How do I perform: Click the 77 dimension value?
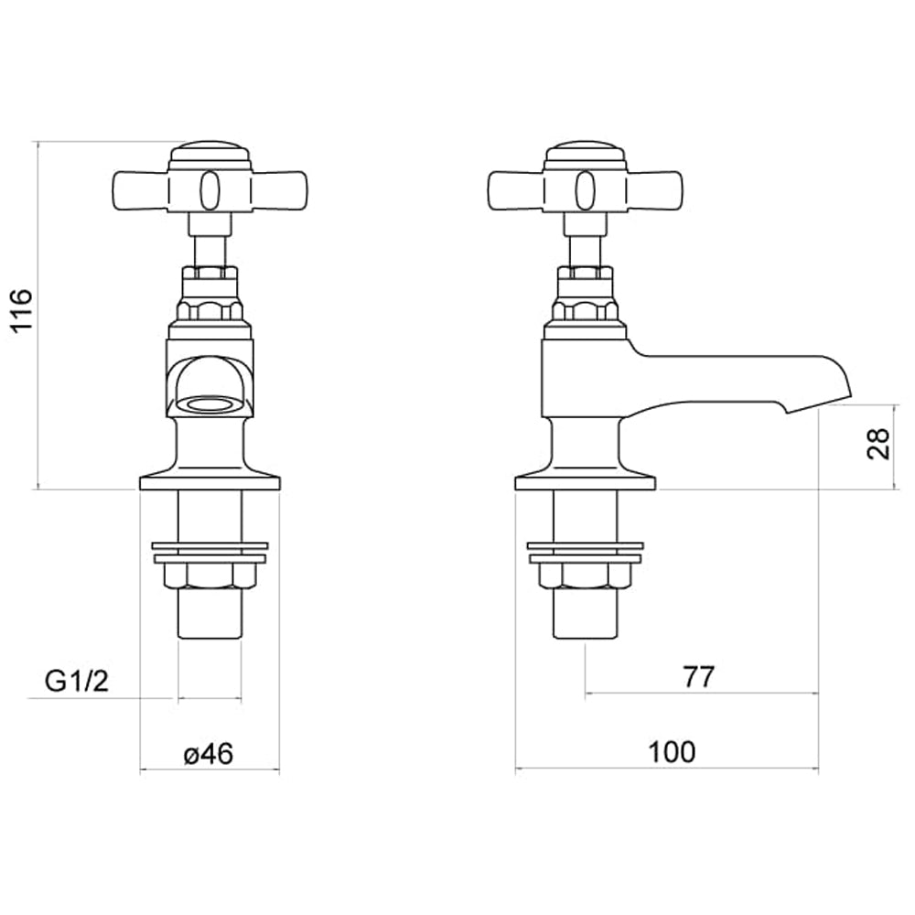[698, 677]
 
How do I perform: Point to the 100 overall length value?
[672, 752]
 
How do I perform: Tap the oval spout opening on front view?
[210, 404]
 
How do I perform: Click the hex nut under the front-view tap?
[209, 576]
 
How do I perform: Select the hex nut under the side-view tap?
[585, 576]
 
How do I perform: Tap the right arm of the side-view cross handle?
[655, 188]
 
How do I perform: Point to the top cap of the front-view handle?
[210, 152]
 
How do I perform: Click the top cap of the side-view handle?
[586, 152]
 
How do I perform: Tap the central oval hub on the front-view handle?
[210, 189]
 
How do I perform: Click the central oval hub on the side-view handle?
[586, 189]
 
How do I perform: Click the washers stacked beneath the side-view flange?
[585, 552]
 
